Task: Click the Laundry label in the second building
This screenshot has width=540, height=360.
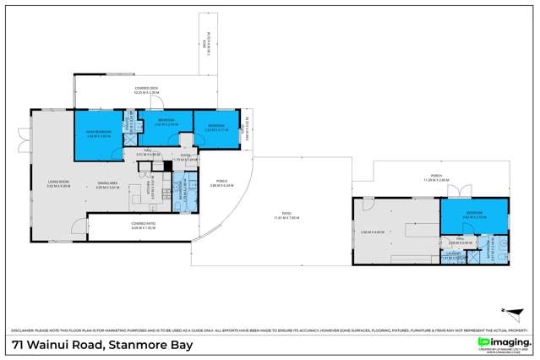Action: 454,254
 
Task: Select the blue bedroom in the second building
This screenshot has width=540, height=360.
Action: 476,216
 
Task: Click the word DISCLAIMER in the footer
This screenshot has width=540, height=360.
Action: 22,330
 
